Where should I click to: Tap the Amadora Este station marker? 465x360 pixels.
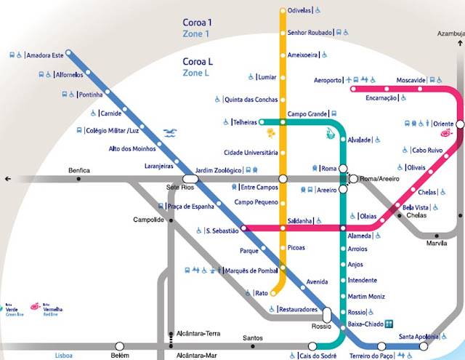click(70, 52)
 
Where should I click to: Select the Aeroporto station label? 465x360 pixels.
click(328, 79)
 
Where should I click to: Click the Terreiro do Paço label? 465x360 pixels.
click(371, 356)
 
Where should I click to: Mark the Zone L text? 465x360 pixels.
click(195, 73)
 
